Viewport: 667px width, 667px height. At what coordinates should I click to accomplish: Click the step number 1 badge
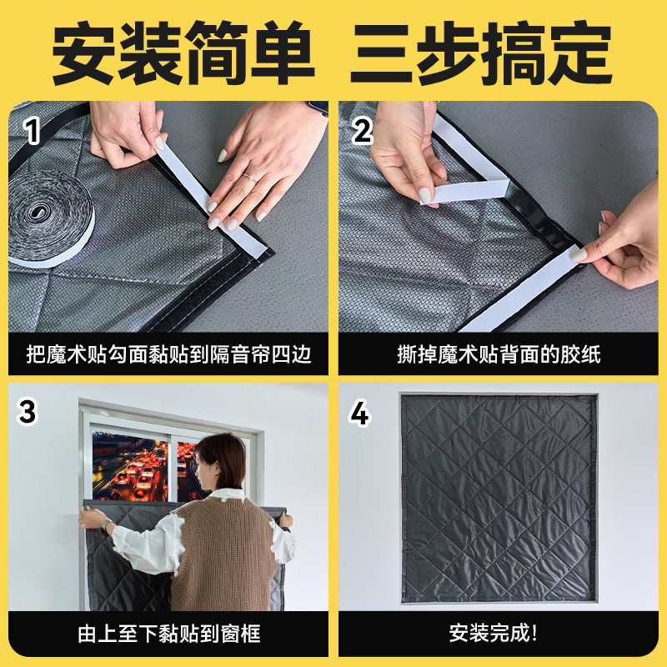pos(33,131)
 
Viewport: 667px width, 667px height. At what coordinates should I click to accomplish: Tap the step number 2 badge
pos(363,131)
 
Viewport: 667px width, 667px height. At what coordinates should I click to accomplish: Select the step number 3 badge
pos(28,412)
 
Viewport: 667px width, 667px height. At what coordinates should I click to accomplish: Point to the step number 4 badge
pos(359,413)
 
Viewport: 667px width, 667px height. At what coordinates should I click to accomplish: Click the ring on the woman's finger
pos(249,177)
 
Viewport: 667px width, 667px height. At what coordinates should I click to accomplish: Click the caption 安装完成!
pos(494,634)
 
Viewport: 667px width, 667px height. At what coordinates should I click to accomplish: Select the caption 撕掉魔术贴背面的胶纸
pos(499,354)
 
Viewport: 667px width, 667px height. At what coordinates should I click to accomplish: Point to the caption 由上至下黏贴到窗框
pos(169,634)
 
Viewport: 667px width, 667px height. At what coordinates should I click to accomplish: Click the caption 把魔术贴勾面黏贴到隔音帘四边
pos(169,354)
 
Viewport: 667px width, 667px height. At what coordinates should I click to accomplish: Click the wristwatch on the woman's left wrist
pos(106,526)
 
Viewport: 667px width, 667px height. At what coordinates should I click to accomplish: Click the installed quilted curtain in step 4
pos(498,498)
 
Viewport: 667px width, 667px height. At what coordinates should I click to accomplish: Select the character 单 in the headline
pos(283,53)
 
